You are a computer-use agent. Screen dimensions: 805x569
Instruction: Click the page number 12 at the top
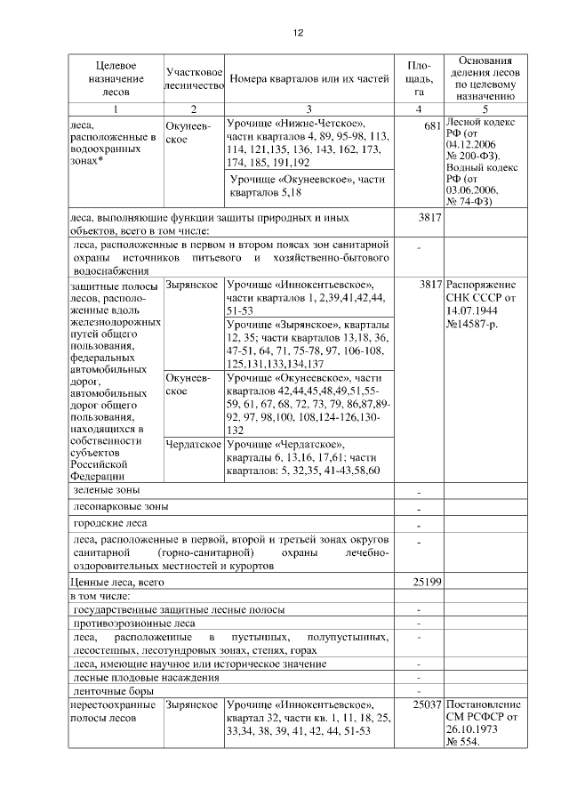(x=299, y=33)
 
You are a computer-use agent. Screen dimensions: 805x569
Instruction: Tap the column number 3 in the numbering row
(x=309, y=109)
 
